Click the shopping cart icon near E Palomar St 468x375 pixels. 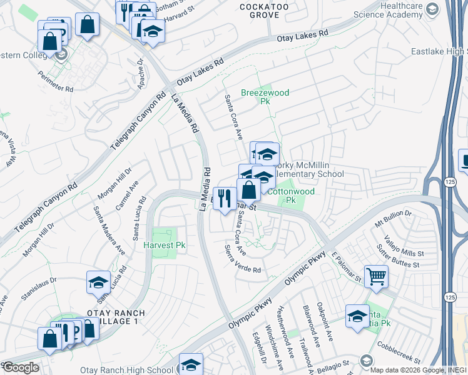(x=375, y=276)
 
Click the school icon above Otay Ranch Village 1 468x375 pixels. (x=98, y=282)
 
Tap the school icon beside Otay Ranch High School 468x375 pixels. (x=191, y=364)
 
